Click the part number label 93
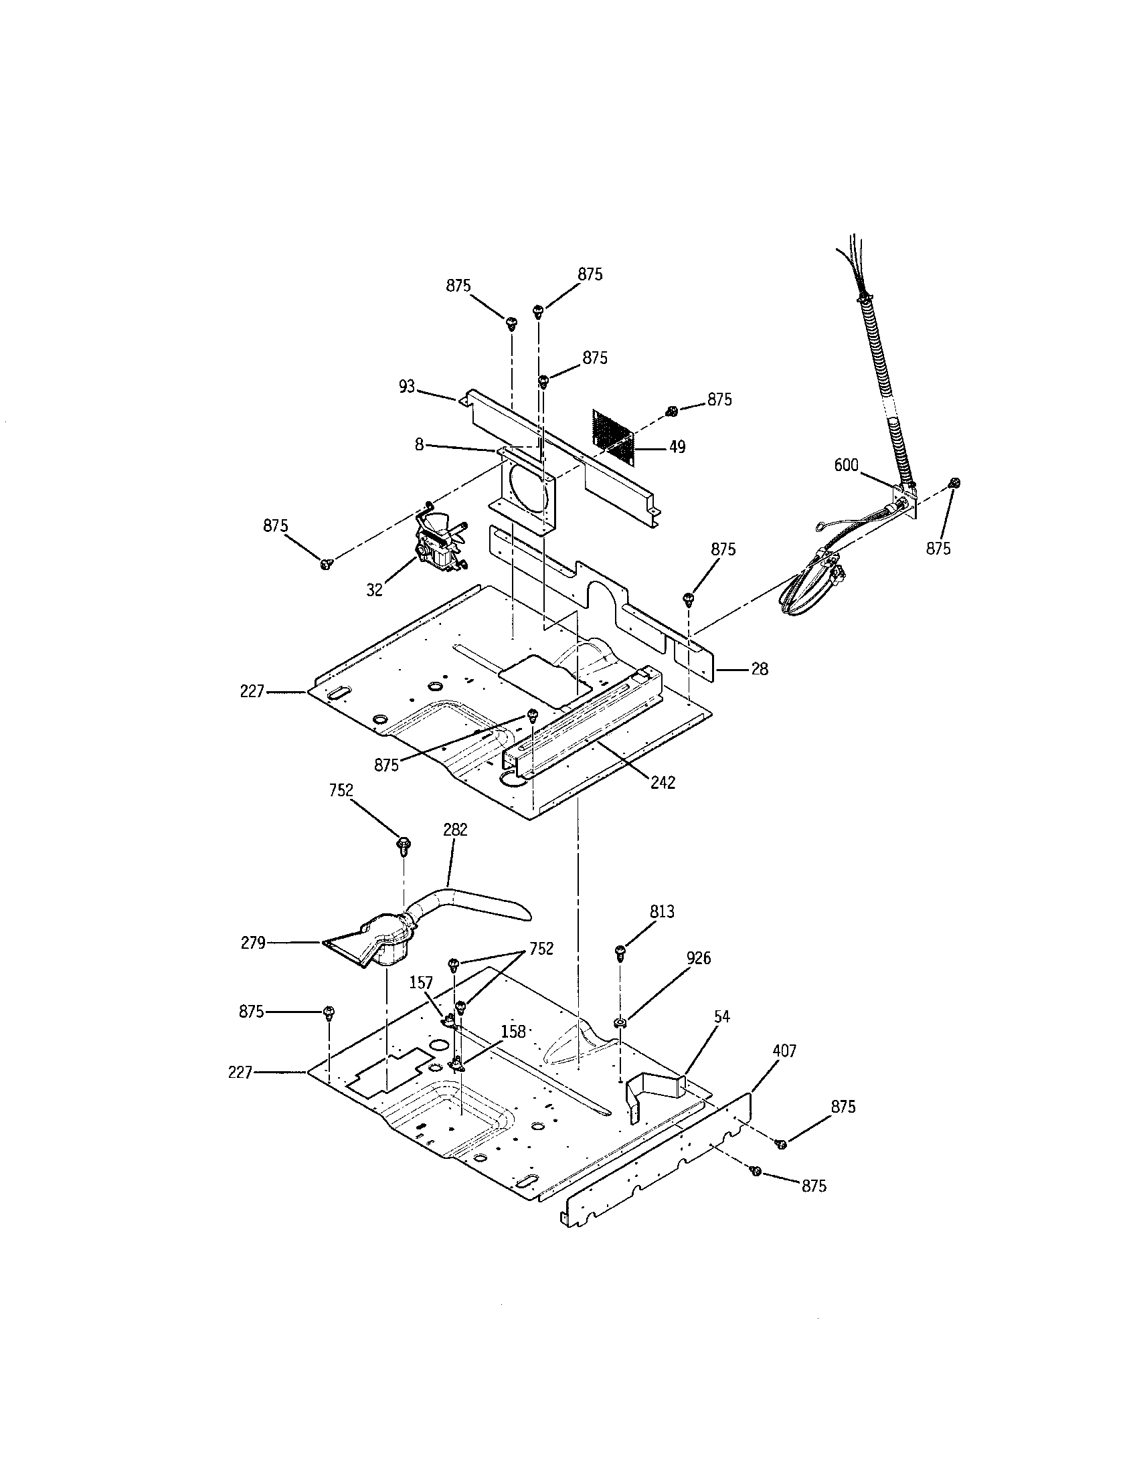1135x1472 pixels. (x=406, y=387)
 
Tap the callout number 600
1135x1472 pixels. (x=846, y=465)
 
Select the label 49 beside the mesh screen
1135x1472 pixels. (x=677, y=447)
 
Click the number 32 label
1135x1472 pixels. (x=374, y=589)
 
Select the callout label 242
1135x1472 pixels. (x=663, y=783)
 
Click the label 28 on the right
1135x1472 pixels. (x=759, y=669)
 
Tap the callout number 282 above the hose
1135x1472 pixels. (x=455, y=830)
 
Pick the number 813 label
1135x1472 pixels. (x=662, y=912)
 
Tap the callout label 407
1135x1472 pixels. (x=784, y=1050)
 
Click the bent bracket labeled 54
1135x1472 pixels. (x=650, y=1099)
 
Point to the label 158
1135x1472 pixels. (x=513, y=1032)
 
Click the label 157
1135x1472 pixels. (x=421, y=1002)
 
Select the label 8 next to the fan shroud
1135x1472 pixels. (x=419, y=445)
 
